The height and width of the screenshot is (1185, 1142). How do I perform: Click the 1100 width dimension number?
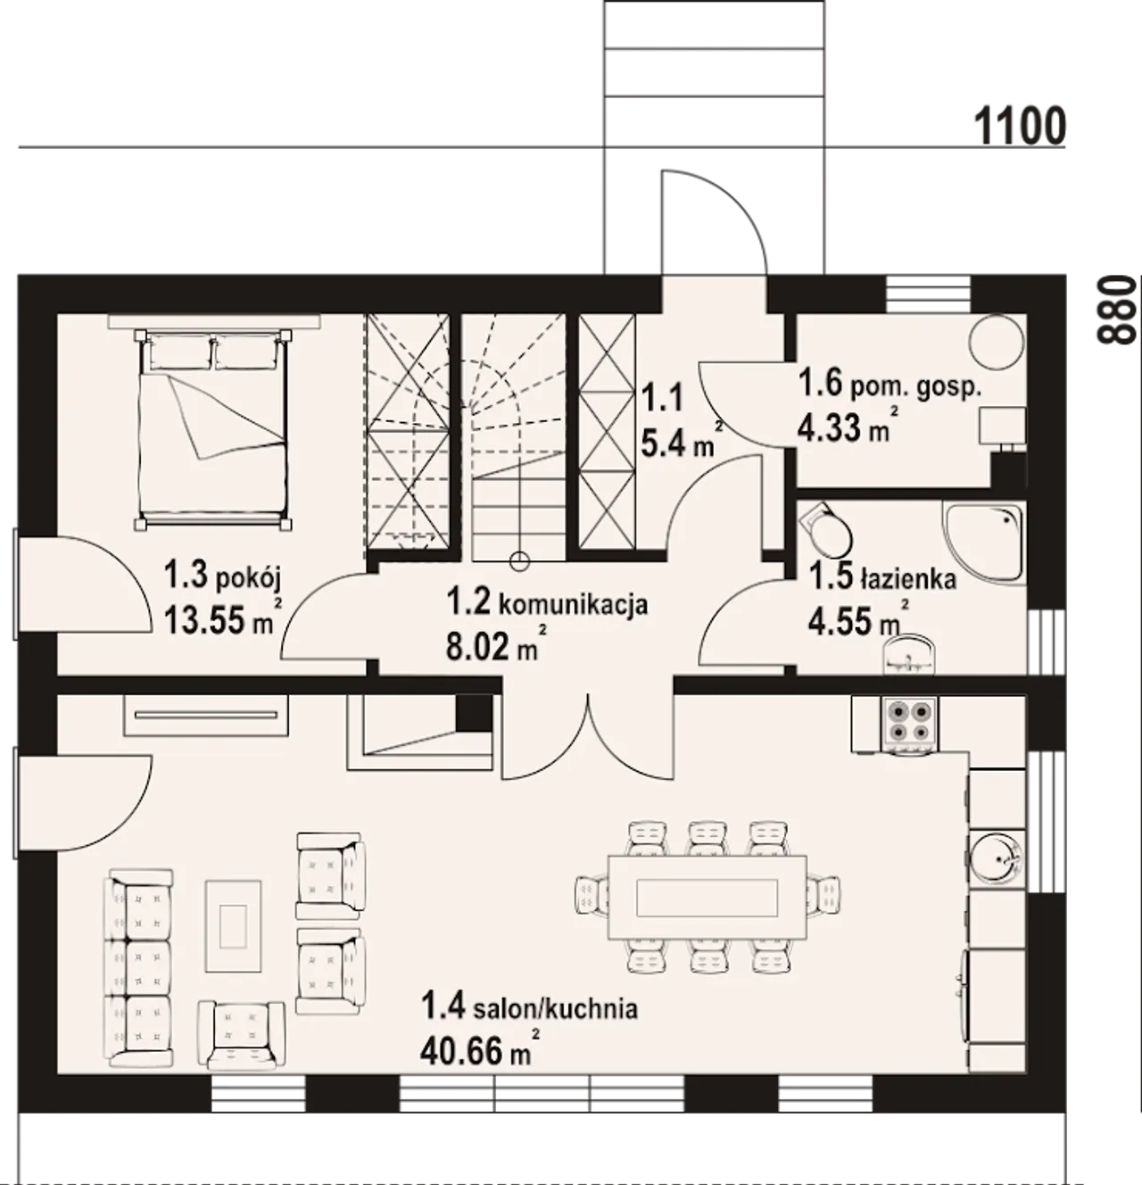[1021, 126]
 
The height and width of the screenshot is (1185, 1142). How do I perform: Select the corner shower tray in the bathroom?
[984, 541]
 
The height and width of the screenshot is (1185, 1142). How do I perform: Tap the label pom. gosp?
[915, 387]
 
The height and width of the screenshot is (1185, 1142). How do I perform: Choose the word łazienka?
[907, 578]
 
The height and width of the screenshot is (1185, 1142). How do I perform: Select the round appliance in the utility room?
[996, 341]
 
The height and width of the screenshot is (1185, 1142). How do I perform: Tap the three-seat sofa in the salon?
[139, 968]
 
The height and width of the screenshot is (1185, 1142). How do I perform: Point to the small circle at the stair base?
[518, 561]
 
